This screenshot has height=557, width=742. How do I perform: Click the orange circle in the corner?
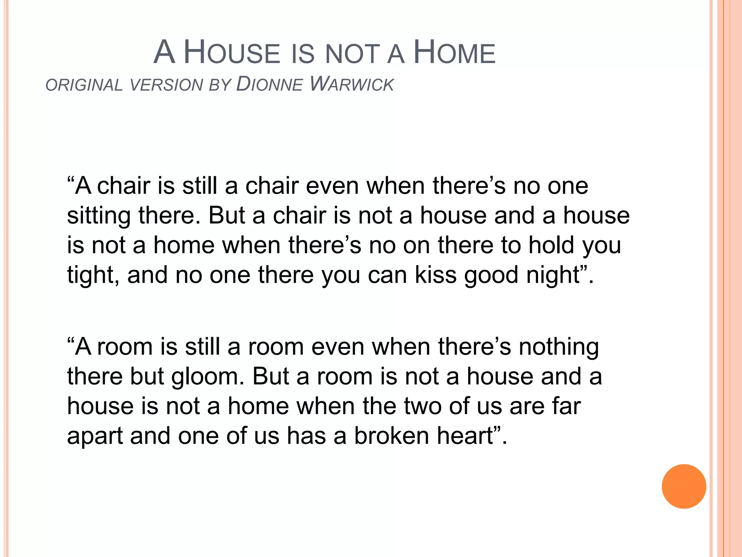[x=684, y=486]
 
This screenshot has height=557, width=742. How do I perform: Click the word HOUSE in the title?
[x=232, y=53]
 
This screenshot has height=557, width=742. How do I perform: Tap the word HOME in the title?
[x=454, y=53]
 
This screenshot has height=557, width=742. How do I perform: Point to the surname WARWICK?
[x=352, y=84]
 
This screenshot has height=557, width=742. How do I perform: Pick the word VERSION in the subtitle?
[x=166, y=85]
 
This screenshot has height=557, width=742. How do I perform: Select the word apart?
[x=95, y=436]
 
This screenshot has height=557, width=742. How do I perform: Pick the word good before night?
[x=491, y=275]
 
